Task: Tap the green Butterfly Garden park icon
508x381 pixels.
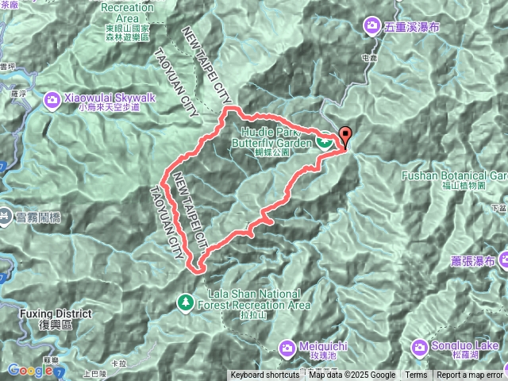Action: (324, 142)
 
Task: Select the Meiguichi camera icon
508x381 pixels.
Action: (287, 347)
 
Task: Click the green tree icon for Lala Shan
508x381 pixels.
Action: (185, 302)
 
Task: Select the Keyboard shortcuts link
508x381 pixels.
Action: (265, 375)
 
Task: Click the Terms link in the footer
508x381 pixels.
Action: (416, 375)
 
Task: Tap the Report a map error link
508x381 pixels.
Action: (470, 375)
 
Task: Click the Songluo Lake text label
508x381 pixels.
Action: (466, 346)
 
